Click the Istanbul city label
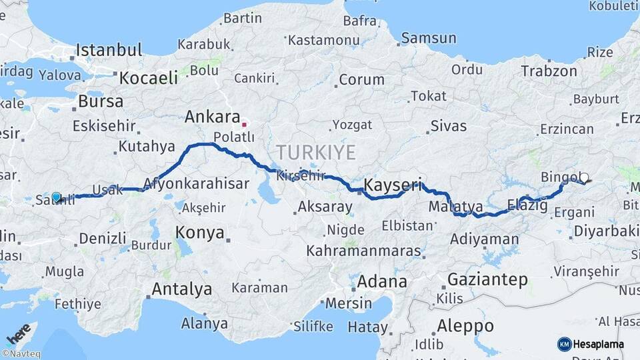[109, 50]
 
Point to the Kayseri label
[393, 185]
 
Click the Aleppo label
[465, 326]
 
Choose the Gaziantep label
[488, 279]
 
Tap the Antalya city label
[182, 289]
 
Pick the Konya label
[199, 232]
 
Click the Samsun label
[428, 38]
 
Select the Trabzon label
[549, 71]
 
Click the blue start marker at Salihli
[57, 197]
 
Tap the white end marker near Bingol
[584, 177]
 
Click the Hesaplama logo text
[598, 344]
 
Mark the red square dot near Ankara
[244, 123]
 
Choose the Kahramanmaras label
[364, 252]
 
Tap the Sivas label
[449, 125]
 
